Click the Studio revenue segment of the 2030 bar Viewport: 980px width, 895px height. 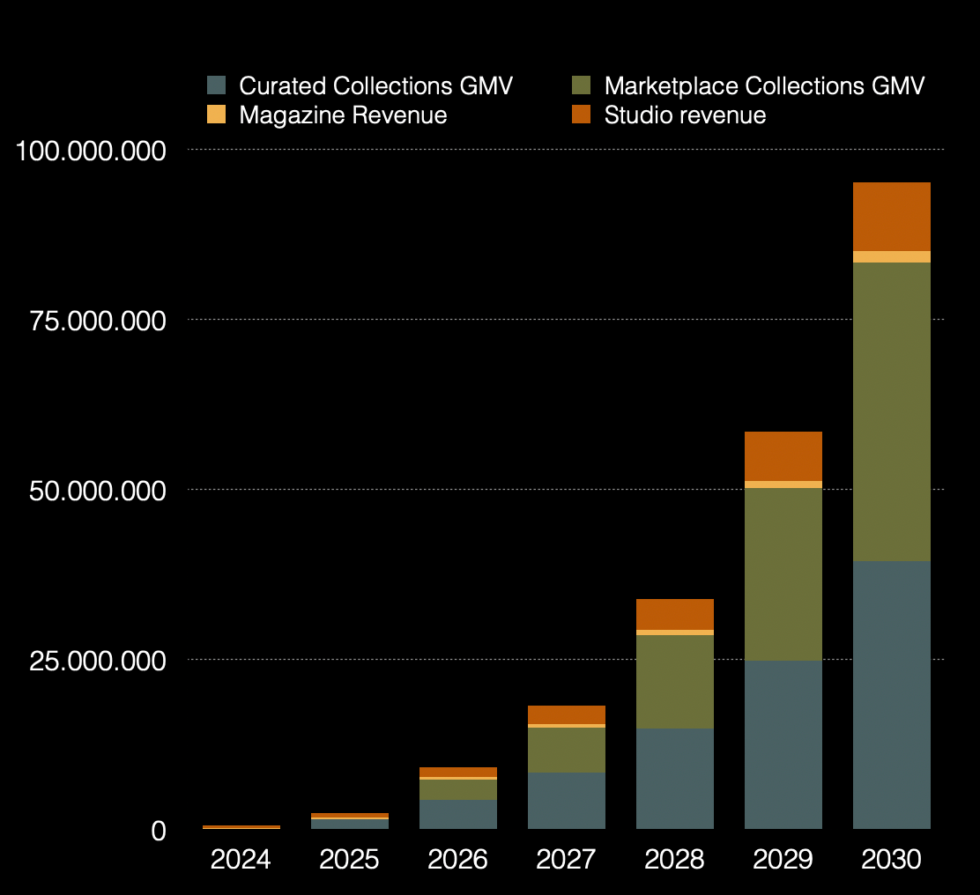pos(891,217)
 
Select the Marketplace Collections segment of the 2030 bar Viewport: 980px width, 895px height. pos(891,411)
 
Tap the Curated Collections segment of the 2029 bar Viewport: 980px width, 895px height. pos(783,744)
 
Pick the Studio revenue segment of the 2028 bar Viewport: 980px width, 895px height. pos(674,614)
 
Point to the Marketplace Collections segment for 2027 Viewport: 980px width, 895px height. pos(566,750)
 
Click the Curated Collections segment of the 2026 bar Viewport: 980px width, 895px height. pos(457,814)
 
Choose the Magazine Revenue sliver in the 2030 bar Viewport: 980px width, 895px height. pos(891,256)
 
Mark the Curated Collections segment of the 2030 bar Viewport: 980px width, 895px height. pos(891,695)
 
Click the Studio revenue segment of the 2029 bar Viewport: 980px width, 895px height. pos(783,456)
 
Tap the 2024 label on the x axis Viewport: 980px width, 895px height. pos(241,859)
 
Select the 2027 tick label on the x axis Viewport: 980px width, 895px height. pos(566,859)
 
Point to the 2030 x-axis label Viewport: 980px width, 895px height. pos(891,859)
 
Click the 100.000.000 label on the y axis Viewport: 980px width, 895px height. pos(91,152)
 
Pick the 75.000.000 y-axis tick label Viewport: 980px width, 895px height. pos(97,321)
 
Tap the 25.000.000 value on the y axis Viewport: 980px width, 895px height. pos(97,661)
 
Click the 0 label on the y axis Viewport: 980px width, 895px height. pos(159,831)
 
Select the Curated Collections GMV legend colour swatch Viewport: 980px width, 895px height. pos(217,85)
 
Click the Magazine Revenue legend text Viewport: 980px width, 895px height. pos(343,115)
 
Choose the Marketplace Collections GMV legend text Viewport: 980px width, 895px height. pos(764,86)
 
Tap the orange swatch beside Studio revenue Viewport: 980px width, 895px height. pos(581,115)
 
